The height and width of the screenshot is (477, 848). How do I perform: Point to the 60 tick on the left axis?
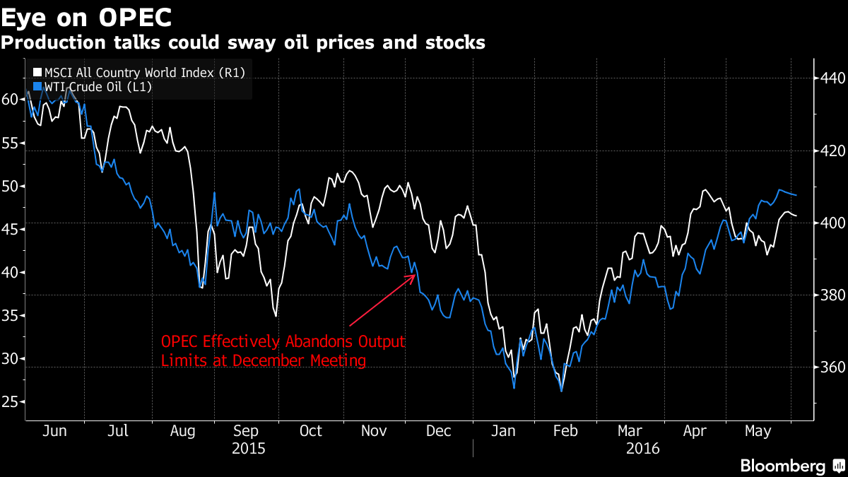[x=10, y=100]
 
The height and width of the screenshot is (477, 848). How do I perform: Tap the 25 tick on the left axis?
[x=10, y=402]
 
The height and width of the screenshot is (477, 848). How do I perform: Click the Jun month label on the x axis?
[x=54, y=431]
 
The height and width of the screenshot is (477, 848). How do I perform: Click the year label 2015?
[x=249, y=449]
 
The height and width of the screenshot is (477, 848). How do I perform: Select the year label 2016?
[x=642, y=449]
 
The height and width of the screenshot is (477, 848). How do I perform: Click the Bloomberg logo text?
[x=782, y=466]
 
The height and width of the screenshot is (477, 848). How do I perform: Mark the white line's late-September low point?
[x=276, y=316]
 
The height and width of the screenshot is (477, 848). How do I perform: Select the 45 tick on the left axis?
[x=10, y=229]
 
